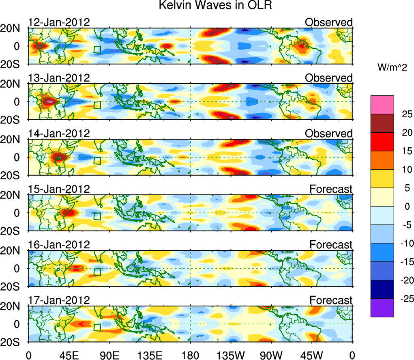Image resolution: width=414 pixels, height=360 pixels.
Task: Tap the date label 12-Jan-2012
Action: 59,22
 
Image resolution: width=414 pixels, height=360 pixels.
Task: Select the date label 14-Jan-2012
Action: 59,134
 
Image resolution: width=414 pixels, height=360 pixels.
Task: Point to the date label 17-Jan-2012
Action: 59,300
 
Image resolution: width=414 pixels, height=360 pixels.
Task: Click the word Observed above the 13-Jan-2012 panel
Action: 328,78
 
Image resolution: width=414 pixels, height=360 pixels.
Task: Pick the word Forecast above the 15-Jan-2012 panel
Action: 330,189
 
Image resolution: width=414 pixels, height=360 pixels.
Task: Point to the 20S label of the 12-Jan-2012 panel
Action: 13,64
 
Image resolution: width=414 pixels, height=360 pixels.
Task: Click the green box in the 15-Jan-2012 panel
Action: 97,216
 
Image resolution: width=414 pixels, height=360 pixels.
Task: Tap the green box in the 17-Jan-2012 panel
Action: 97,327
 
